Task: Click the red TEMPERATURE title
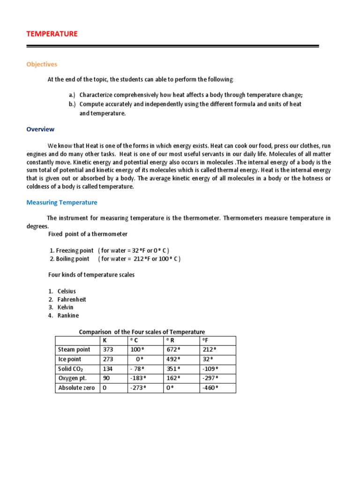[x=52, y=34]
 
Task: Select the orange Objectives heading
[x=42, y=64]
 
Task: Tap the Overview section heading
[x=40, y=129]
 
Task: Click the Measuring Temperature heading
[x=62, y=202]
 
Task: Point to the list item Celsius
[x=67, y=291]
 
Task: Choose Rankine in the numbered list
[x=68, y=315]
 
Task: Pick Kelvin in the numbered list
[x=66, y=307]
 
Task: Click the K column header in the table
[x=105, y=340]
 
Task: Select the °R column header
[x=170, y=340]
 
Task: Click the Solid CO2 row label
[x=72, y=369]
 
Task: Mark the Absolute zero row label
[x=76, y=388]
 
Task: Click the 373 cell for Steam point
[x=108, y=350]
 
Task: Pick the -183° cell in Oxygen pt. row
[x=138, y=378]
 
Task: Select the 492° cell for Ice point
[x=173, y=360]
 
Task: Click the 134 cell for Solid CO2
[x=108, y=369]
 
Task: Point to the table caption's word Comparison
[x=96, y=332]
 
